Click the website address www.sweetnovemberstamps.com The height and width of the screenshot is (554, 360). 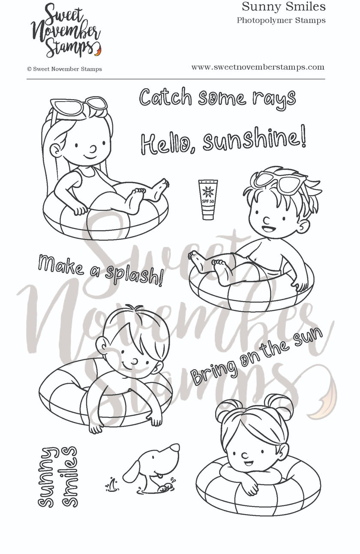[x=258, y=67]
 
